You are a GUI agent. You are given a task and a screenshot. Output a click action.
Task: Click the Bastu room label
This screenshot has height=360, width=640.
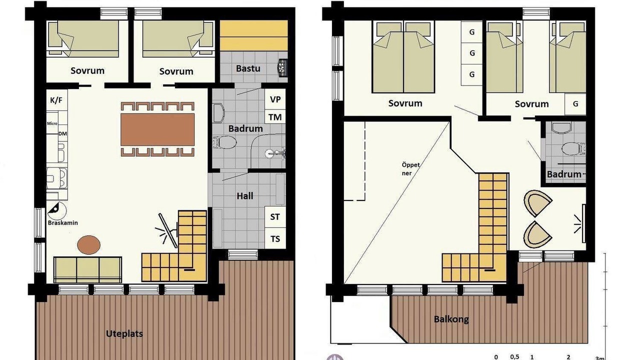pos(248,68)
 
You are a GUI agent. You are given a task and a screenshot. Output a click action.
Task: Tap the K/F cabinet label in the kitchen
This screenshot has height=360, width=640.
pos(56,100)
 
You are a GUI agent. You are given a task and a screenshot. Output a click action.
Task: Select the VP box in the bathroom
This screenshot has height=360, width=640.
pos(275,99)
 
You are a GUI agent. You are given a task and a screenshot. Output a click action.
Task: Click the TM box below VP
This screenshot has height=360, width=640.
pos(275,117)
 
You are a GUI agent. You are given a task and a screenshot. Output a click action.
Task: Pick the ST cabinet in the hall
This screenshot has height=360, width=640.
pos(275,217)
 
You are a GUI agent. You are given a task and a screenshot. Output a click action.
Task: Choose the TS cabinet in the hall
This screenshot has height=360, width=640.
pos(275,238)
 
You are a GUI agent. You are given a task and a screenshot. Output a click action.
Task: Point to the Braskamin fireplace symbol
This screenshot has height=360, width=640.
pos(57,210)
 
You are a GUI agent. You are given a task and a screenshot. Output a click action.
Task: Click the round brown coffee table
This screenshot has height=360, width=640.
pos(89,245)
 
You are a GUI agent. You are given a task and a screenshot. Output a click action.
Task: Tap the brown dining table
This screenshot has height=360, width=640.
pos(157,129)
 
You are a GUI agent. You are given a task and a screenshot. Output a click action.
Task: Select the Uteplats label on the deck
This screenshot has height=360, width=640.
pos(124,333)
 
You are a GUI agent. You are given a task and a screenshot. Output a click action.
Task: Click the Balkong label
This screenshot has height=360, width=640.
pos(451,319)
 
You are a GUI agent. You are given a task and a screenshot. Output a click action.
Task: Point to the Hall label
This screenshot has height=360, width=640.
pos(245,196)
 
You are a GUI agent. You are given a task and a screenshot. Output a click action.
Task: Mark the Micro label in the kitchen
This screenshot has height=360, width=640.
pos(52,123)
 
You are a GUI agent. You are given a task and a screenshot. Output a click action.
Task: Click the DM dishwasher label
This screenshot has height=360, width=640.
pos(62,133)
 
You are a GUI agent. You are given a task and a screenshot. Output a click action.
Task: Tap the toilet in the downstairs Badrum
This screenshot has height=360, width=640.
pos(225,142)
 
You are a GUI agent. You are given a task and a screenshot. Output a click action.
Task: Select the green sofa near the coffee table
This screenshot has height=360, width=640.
pos(87,269)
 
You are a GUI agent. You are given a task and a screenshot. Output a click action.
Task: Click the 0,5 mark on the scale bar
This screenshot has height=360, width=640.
pos(514,357)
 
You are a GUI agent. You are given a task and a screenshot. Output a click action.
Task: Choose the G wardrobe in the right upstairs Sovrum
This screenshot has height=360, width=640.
pos(575,104)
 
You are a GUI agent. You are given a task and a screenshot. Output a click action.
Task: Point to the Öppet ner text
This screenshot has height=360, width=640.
pos(410,169)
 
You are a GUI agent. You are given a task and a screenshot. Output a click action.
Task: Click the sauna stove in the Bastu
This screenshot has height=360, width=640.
pos(282,67)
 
